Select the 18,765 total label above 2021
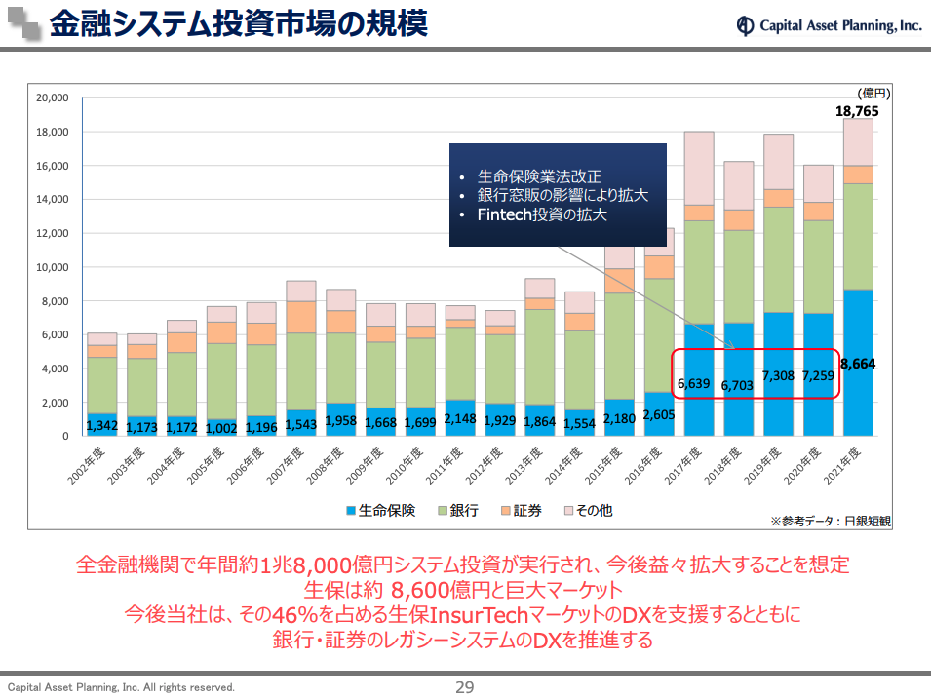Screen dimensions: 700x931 (x=857, y=111)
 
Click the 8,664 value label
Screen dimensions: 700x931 (x=858, y=364)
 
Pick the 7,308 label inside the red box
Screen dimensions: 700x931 (x=778, y=375)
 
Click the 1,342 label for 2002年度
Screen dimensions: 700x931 (x=102, y=425)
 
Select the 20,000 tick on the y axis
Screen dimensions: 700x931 (x=52, y=97)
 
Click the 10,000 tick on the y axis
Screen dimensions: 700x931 (x=52, y=267)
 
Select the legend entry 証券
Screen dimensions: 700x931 (x=520, y=510)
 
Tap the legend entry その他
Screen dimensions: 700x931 (x=586, y=510)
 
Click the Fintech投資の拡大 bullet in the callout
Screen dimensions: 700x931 (x=542, y=214)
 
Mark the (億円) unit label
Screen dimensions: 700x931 (x=873, y=93)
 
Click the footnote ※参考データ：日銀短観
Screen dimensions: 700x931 (x=830, y=521)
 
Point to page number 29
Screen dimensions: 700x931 (x=465, y=687)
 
